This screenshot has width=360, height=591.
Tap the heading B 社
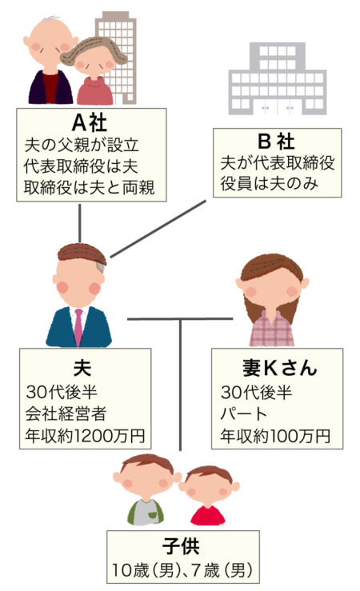coord(276,142)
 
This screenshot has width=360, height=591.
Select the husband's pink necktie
coord(78,327)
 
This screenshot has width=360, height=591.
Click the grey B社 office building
coord(278,78)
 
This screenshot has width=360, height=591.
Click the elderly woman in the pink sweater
coord(94,72)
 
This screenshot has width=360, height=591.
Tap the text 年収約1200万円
coord(85,435)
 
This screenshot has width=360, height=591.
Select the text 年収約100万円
coord(275,436)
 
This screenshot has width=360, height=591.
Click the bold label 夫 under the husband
coord(82,368)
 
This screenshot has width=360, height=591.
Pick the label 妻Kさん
coord(279,368)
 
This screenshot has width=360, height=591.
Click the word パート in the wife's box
coord(244,413)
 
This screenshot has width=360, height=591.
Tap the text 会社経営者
coord(65,413)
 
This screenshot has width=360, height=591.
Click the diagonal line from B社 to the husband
coord(158,229)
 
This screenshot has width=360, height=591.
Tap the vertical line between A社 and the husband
coord(79,223)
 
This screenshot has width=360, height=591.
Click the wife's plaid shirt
coord(271,329)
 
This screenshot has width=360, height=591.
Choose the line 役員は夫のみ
coord(269,184)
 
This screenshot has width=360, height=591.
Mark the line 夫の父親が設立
coord(82,145)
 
